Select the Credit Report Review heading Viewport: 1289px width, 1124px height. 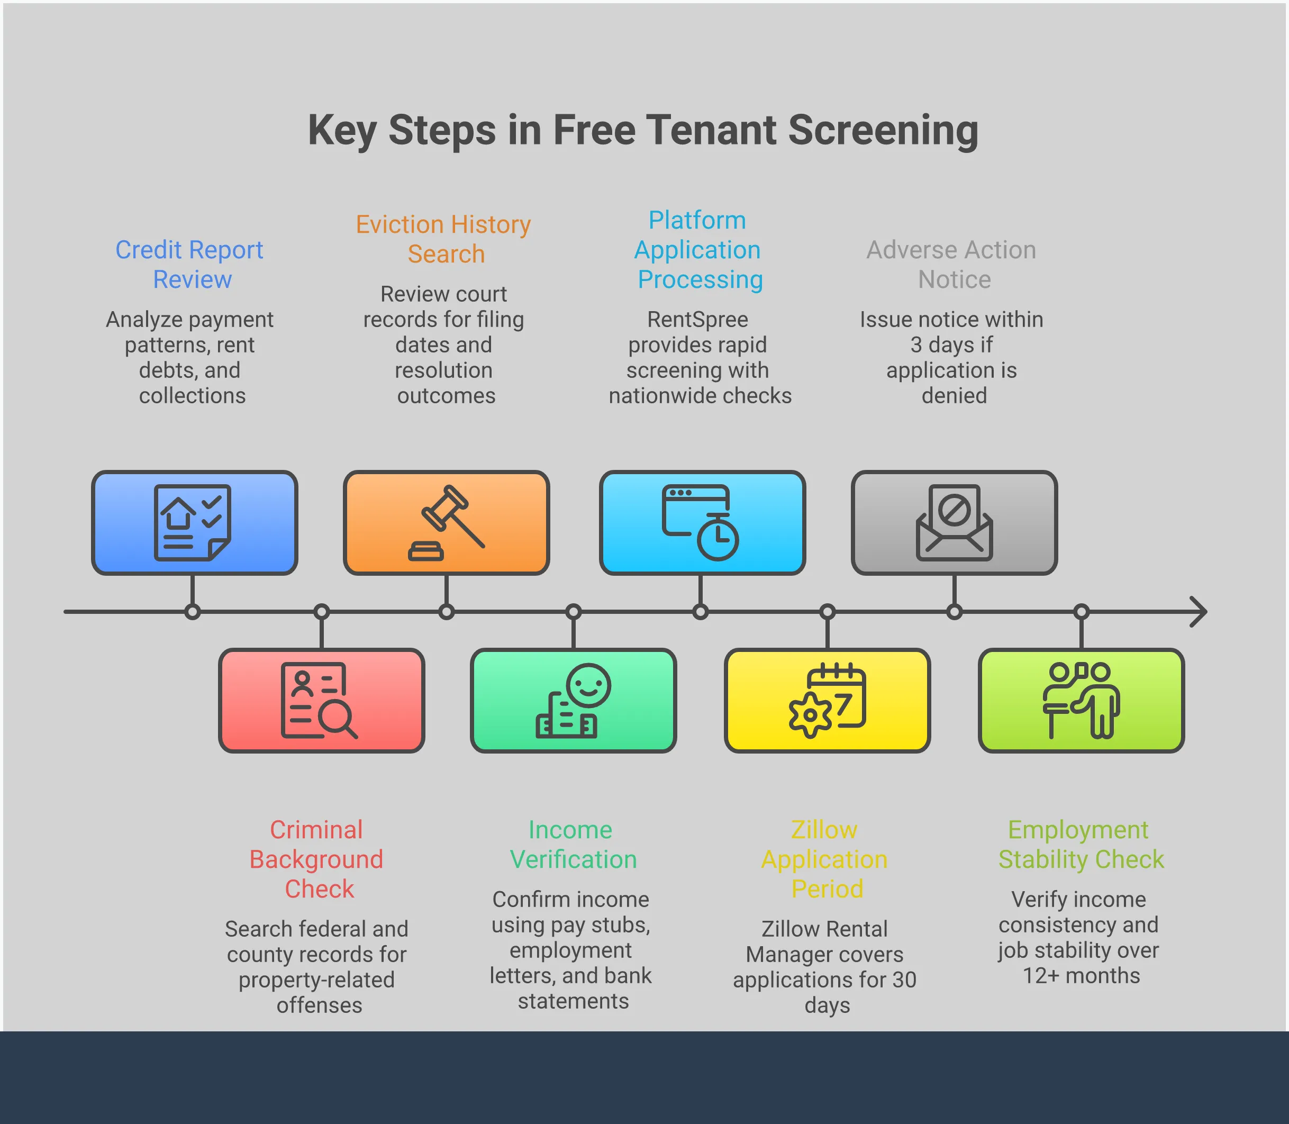190,264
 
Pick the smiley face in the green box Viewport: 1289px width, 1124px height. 588,685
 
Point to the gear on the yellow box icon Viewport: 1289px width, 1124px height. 810,715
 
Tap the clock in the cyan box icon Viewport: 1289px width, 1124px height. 718,538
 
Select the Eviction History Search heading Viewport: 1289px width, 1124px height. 443,239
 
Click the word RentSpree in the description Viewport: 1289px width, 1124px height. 697,319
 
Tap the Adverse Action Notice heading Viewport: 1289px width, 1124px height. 951,264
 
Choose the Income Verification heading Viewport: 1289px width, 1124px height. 573,844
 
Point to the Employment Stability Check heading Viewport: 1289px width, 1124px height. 1081,844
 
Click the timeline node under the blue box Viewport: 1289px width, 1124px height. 193,612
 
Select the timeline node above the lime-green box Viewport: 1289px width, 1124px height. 1082,612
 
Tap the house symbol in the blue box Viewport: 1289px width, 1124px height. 179,513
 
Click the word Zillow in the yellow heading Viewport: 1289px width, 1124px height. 823,829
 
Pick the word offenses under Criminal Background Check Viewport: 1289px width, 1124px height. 319,1005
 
